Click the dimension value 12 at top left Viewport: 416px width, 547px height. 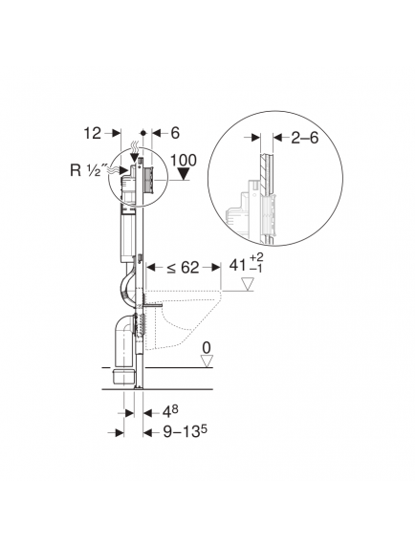(92, 134)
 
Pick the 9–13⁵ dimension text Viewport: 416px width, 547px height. (179, 432)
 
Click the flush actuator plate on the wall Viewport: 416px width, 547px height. (148, 178)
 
